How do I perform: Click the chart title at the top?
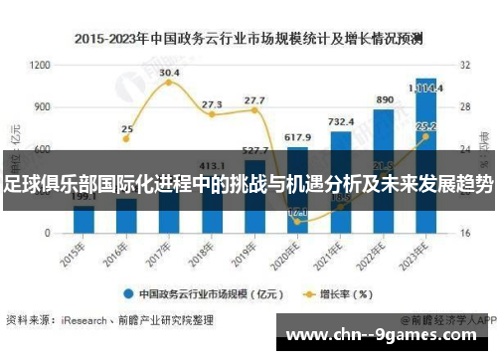pos(248,41)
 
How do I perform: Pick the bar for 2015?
pos(83,219)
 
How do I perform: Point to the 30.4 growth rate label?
pos(169,73)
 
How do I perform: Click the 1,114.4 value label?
pos(428,88)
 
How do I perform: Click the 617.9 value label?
pos(297,136)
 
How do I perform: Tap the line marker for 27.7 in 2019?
pos(254,110)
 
